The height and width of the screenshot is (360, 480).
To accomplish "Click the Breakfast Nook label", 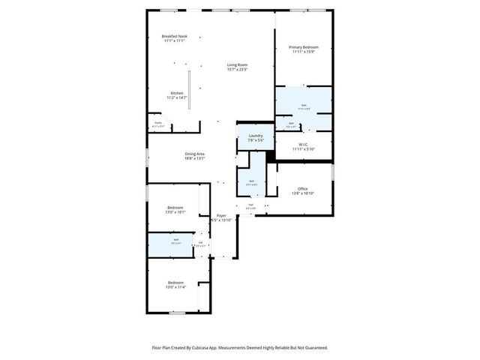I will (175, 37).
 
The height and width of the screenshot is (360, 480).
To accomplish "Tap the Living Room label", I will (238, 65).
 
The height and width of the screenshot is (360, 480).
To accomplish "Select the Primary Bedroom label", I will (304, 47).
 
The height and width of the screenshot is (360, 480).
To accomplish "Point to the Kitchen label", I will (176, 94).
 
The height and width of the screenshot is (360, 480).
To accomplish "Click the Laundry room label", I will (255, 136).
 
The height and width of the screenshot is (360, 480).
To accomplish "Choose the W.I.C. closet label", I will (304, 144).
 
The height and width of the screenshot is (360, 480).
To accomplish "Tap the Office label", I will (303, 188).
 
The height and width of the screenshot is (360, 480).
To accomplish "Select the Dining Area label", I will (195, 154).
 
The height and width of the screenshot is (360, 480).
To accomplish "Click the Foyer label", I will (221, 215).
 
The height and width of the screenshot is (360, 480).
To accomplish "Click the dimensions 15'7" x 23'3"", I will (238, 70).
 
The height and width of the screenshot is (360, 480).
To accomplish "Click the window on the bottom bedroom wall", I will (177, 313).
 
